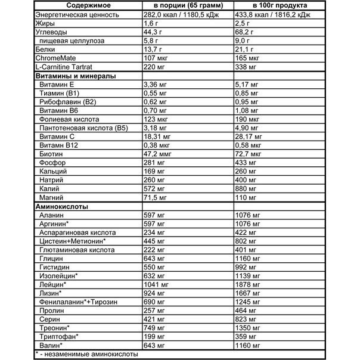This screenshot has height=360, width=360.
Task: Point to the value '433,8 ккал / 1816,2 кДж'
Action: tap(277, 14)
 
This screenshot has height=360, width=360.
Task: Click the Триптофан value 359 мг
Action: tap(247, 336)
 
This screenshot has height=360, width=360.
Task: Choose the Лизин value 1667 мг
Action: tap(249, 293)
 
